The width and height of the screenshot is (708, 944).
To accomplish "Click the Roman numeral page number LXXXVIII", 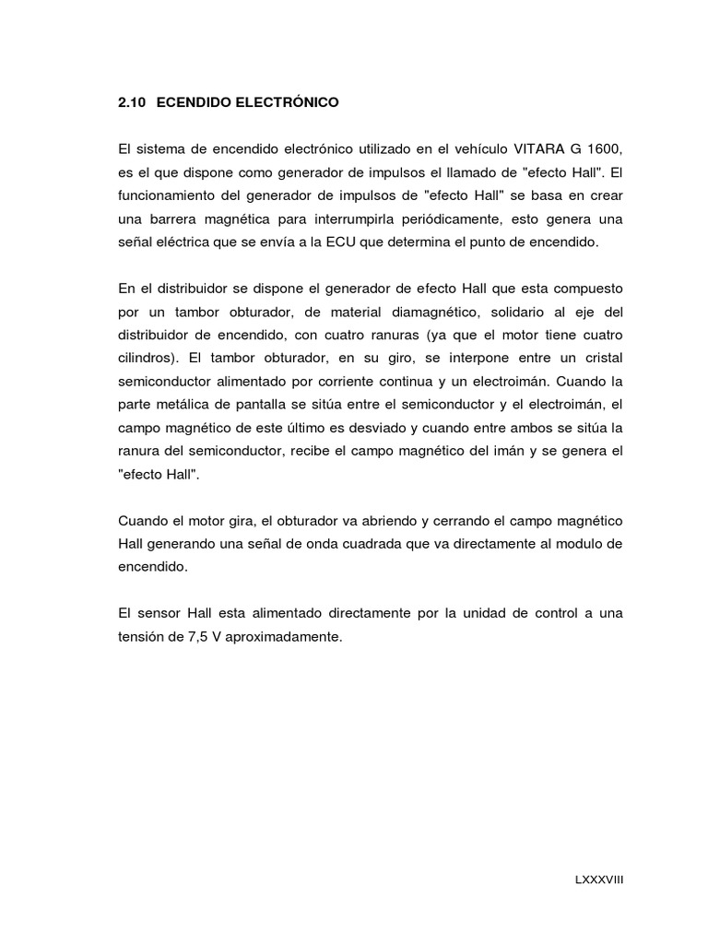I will (x=599, y=880).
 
